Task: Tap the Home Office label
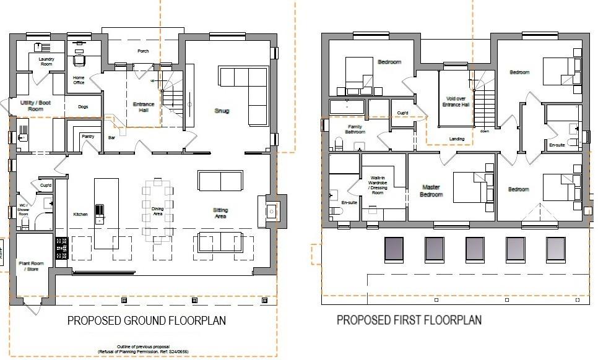(79, 79)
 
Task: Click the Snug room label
(222, 111)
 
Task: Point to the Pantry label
(88, 137)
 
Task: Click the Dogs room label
(83, 106)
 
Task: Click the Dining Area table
(158, 208)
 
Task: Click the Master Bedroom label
(431, 191)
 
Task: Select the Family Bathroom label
(355, 129)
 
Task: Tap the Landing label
(457, 139)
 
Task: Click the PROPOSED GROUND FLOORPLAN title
(146, 320)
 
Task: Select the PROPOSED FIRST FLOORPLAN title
(409, 320)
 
